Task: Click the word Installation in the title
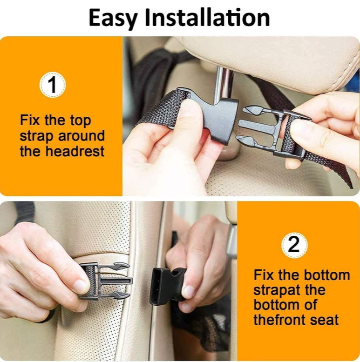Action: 207,17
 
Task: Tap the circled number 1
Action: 53,85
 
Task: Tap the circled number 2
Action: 294,245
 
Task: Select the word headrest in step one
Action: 75,151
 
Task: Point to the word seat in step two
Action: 324,320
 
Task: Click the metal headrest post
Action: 223,83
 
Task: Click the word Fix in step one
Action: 30,120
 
